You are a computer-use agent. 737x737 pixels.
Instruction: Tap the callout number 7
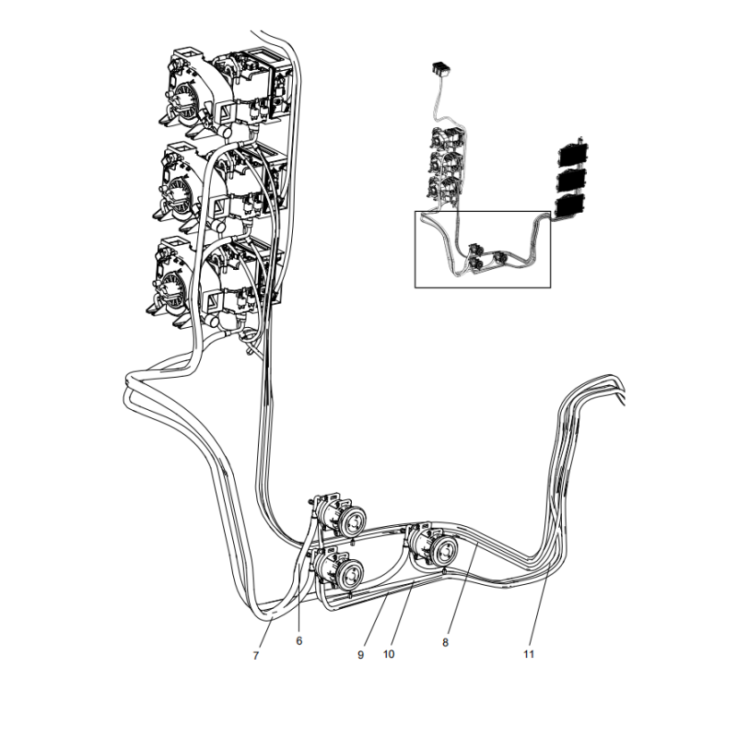256,655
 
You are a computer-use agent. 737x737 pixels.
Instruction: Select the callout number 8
445,643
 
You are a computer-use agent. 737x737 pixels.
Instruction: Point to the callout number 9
361,654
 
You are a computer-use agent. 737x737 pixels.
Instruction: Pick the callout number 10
389,654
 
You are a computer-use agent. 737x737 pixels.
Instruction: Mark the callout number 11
529,654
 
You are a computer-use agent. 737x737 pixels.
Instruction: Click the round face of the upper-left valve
352,523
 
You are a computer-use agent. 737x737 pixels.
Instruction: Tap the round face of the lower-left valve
351,578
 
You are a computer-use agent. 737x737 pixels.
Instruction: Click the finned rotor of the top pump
180,93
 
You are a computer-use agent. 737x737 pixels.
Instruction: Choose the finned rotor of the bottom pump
180,284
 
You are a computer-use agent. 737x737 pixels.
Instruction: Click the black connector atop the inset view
440,67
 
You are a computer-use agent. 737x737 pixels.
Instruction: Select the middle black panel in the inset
573,179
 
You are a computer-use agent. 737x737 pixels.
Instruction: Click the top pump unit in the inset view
442,142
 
